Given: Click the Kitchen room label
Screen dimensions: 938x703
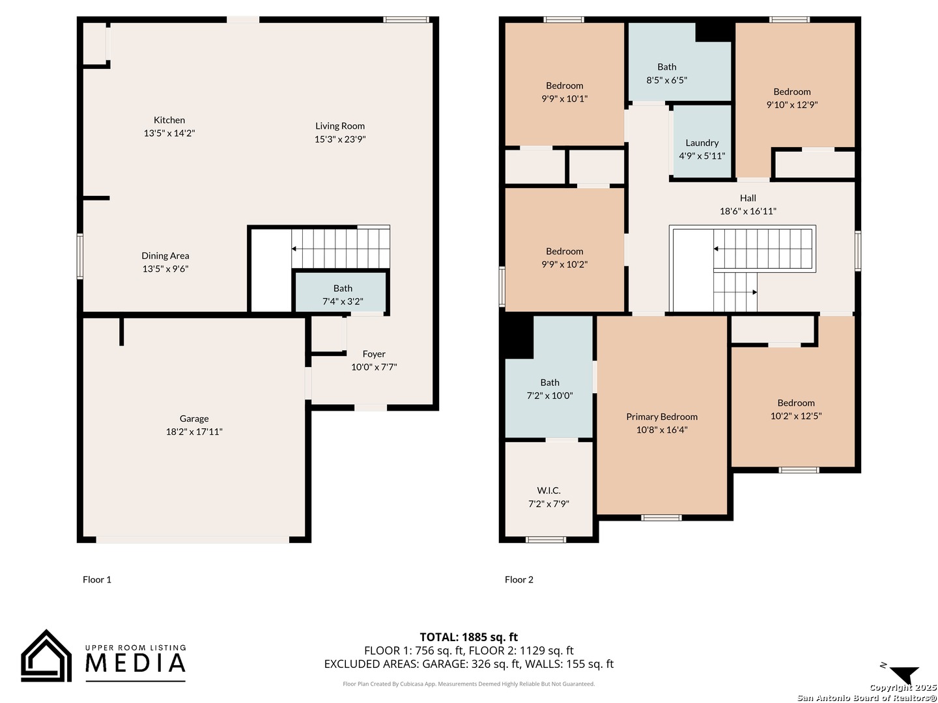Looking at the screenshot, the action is click(169, 120).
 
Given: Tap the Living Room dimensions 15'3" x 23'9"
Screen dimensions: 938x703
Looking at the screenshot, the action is click(340, 139).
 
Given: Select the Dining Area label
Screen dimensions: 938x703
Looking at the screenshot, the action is click(165, 256).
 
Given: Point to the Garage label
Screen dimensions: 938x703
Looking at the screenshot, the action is click(194, 419).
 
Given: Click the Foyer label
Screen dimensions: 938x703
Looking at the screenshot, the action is click(374, 354).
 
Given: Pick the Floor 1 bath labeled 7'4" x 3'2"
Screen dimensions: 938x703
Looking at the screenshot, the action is click(343, 295).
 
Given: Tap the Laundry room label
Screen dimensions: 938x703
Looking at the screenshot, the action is click(702, 143).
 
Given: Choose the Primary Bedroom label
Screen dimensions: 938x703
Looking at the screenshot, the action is click(662, 417).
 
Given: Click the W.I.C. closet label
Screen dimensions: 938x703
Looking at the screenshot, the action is click(548, 490).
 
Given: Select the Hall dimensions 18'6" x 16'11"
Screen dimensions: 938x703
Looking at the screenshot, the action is click(748, 211).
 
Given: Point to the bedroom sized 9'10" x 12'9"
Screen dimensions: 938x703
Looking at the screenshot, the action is click(792, 98).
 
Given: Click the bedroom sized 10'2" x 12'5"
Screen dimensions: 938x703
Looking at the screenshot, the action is click(796, 409).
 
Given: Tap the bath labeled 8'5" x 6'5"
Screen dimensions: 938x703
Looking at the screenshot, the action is click(666, 74).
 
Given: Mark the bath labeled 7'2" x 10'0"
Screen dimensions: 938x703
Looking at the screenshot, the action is click(550, 389).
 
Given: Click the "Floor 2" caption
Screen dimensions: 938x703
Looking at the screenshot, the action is click(519, 579).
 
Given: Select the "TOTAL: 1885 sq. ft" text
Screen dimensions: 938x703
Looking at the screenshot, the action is click(468, 637).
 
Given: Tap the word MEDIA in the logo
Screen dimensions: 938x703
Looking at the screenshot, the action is click(135, 663).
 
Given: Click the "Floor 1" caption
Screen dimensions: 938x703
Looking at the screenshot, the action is click(96, 579).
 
